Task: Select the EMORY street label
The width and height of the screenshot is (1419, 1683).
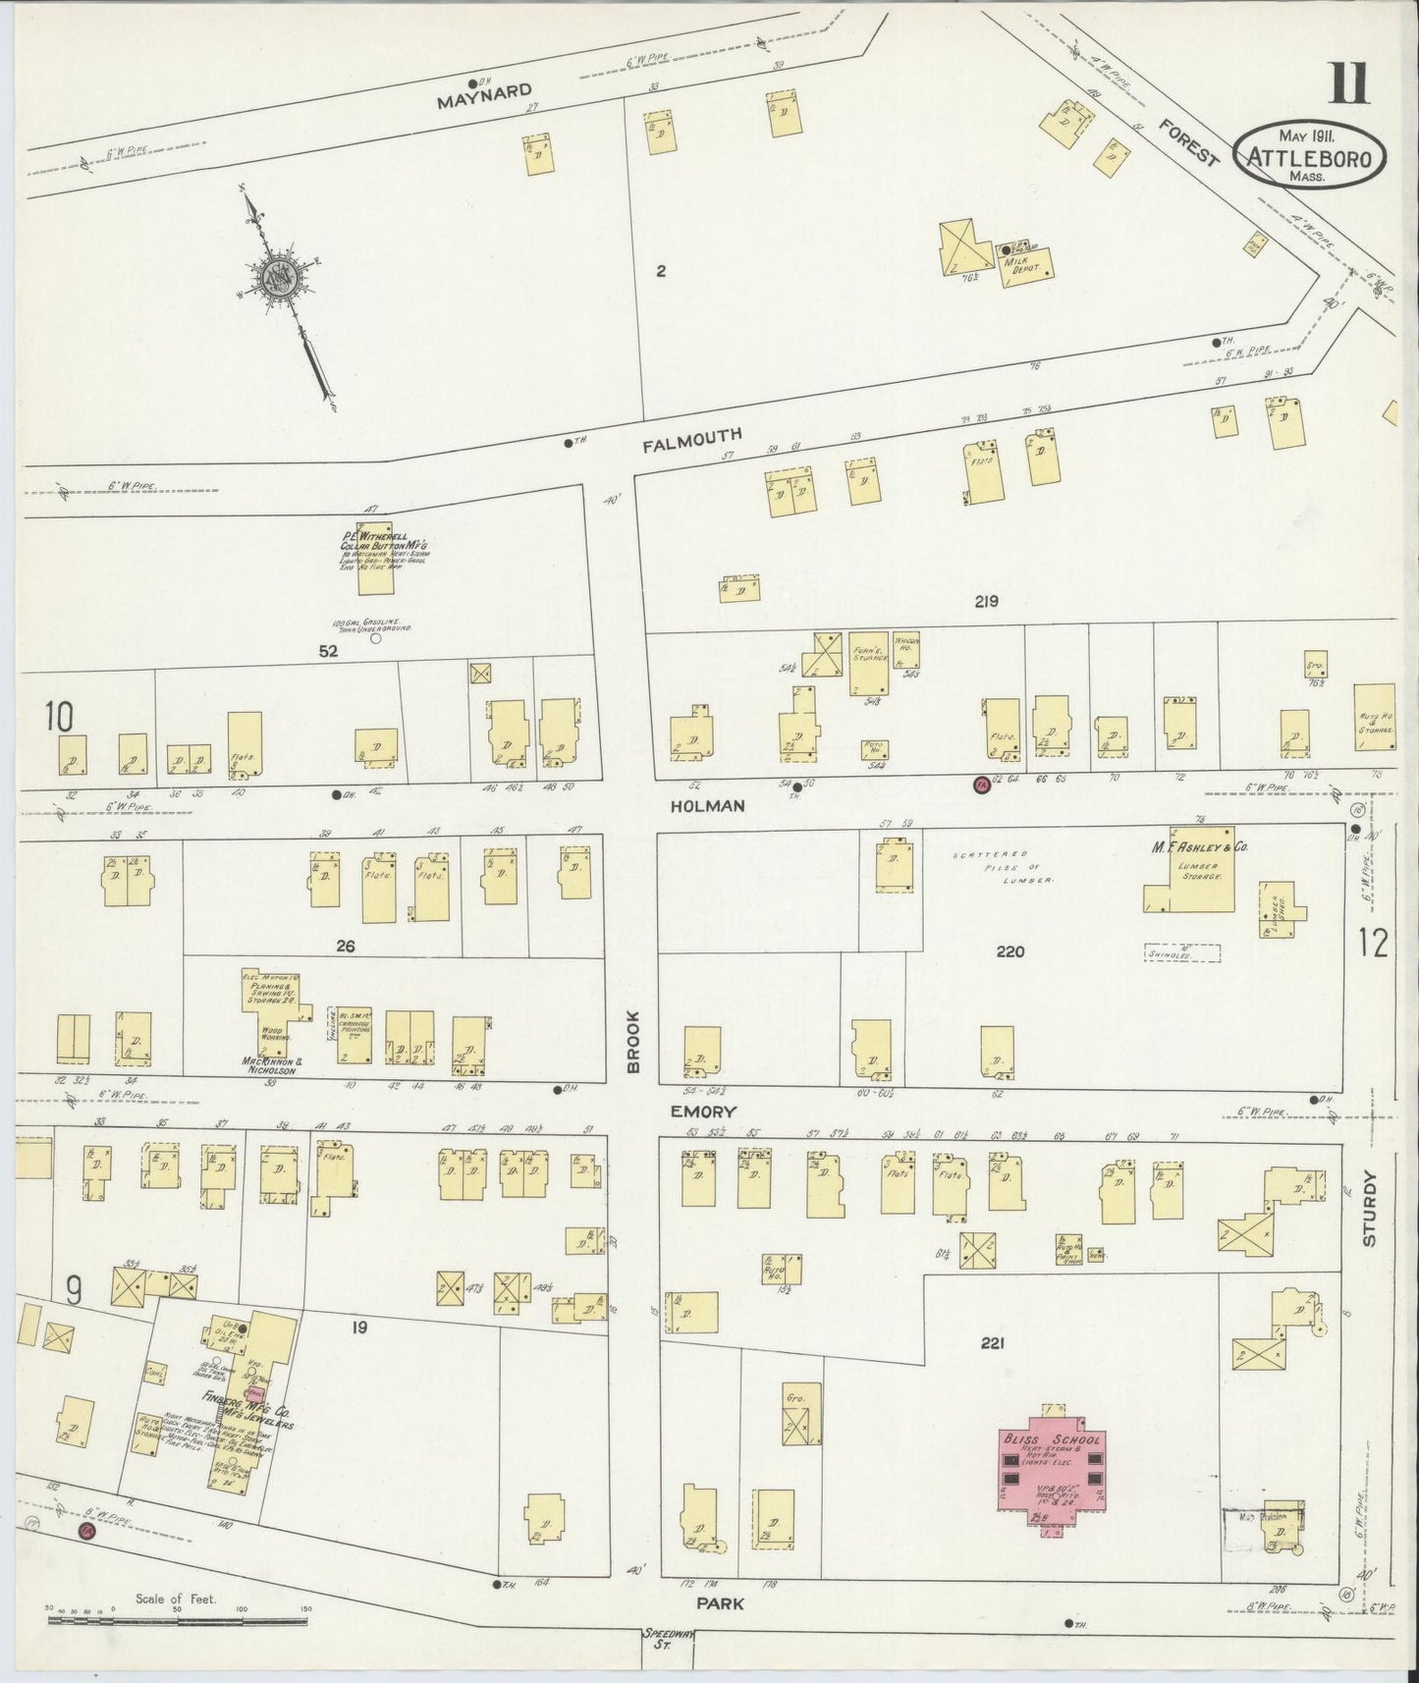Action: click(x=704, y=1112)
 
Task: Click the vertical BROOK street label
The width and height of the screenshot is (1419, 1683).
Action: click(x=634, y=1041)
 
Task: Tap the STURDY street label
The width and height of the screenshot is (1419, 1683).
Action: click(x=1371, y=1209)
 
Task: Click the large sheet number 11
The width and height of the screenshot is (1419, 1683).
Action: click(x=1349, y=82)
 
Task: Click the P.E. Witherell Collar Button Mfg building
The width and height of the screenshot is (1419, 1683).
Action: click(x=375, y=557)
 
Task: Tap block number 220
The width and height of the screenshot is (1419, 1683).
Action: click(x=1010, y=950)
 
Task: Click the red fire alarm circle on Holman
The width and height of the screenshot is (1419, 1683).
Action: click(x=980, y=784)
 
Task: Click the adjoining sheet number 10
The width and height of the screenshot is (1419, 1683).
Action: click(x=58, y=717)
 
